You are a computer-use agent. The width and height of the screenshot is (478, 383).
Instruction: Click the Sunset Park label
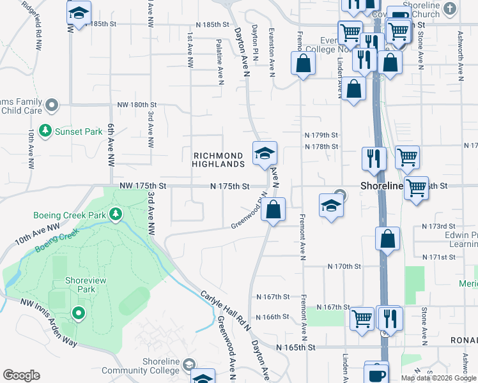click(x=79, y=132)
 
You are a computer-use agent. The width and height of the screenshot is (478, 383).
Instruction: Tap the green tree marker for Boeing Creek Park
click(x=116, y=213)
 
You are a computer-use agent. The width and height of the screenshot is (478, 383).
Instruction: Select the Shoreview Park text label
click(x=79, y=285)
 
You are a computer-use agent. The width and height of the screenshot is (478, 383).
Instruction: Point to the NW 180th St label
click(x=137, y=105)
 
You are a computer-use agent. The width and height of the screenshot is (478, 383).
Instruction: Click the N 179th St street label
click(x=321, y=135)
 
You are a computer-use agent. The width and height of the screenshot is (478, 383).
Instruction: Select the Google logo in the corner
click(x=21, y=375)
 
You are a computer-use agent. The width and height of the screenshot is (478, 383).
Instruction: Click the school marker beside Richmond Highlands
click(x=265, y=153)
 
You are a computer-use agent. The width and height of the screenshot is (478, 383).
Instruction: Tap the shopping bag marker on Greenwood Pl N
click(x=273, y=209)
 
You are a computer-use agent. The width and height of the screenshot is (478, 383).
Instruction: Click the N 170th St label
click(x=344, y=266)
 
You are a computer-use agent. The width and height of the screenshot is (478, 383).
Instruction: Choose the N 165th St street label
click(x=296, y=348)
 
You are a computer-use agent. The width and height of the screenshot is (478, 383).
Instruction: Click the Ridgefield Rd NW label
click(x=31, y=26)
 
